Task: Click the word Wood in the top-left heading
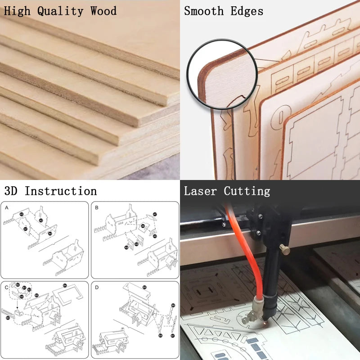tap(103, 10)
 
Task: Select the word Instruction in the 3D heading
tap(60, 191)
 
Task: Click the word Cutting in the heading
tap(247, 191)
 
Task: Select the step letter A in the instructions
tap(7, 208)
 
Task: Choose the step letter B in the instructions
tap(97, 208)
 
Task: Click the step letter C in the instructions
tap(7, 287)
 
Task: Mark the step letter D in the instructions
tap(97, 287)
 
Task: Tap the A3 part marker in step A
tap(21, 215)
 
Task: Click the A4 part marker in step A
tap(50, 234)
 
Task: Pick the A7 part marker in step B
tap(155, 214)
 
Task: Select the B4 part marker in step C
tap(65, 285)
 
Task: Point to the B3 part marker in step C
tap(8, 318)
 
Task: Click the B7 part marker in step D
tap(173, 335)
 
